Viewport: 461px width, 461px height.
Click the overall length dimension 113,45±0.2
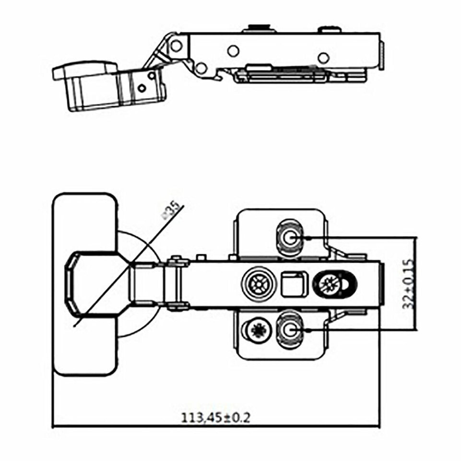pos(215,418)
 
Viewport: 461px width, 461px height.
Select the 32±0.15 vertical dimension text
pos(409,284)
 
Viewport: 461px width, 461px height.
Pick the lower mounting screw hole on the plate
pos(289,330)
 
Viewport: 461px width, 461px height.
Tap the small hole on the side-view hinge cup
pos(142,88)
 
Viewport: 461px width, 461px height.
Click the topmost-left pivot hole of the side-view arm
pos(177,46)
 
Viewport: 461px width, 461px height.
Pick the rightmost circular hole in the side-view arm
pos(323,58)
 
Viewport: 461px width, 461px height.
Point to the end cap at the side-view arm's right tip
pos(382,55)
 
